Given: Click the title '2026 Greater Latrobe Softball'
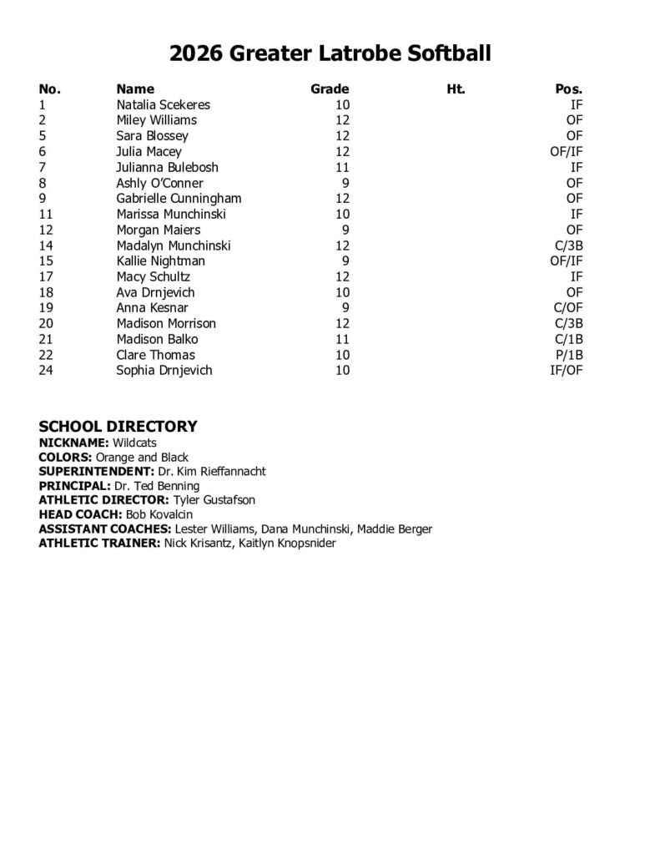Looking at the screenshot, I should (x=330, y=54).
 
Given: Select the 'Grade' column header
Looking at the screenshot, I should (x=330, y=89).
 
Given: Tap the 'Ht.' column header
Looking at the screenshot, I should (x=456, y=89).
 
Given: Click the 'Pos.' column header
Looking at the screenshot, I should (x=568, y=89).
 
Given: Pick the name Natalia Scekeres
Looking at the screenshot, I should (x=163, y=104).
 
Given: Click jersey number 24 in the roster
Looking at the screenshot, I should (x=47, y=370).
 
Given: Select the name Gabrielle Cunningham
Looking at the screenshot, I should (x=179, y=198).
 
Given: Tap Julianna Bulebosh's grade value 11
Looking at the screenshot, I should (x=342, y=167).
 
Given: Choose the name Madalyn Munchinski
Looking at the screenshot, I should (x=174, y=245).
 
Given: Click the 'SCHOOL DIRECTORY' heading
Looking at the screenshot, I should (x=118, y=427).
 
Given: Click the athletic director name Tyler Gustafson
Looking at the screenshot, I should (x=214, y=499).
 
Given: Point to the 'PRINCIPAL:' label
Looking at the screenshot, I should (x=73, y=486).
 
